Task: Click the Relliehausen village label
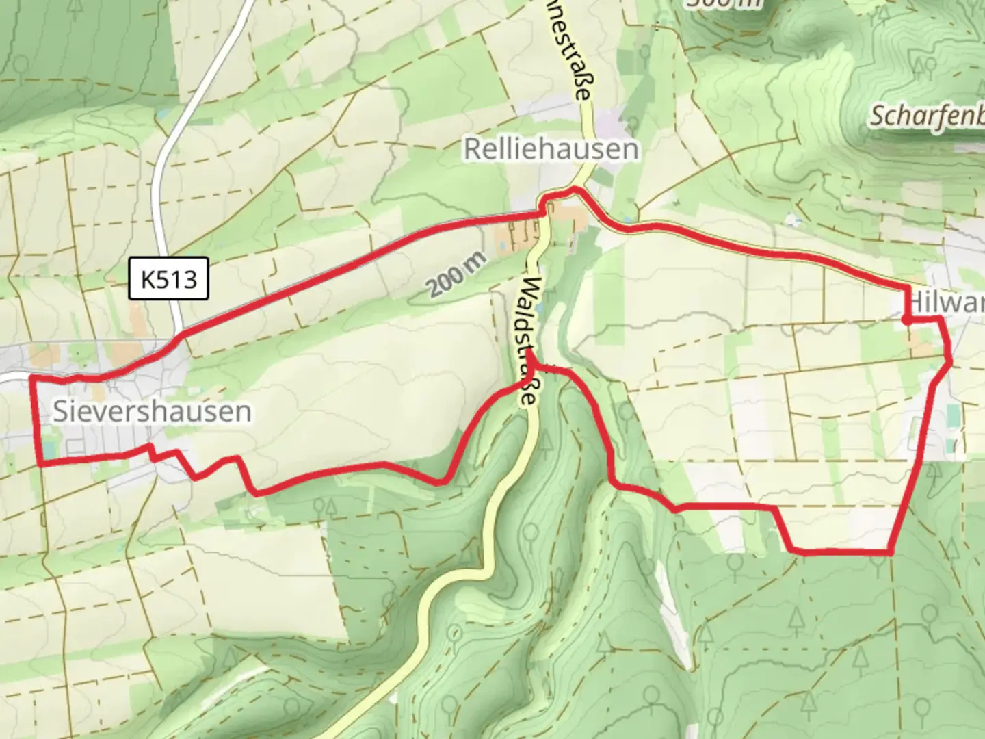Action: click(551, 149)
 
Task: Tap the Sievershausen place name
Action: click(152, 411)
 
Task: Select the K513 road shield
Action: click(168, 279)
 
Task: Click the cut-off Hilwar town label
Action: click(947, 302)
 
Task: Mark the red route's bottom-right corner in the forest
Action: click(891, 551)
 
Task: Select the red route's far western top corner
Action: click(31, 377)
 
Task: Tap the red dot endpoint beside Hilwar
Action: click(906, 319)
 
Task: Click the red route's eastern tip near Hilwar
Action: click(949, 360)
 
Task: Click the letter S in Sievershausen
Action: click(61, 411)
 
